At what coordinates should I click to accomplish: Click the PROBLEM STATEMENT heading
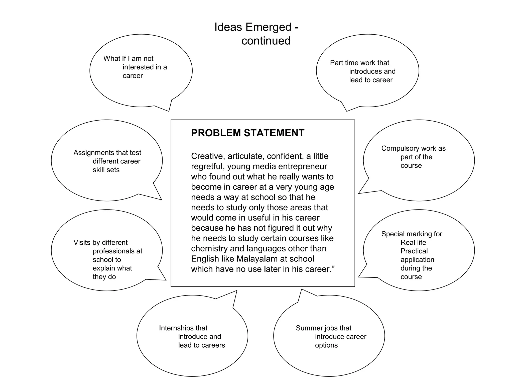tap(247, 133)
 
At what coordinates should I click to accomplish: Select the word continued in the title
tap(266, 41)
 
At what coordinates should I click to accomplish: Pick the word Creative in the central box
tap(208, 156)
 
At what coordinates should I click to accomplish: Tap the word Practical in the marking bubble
tap(414, 251)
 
